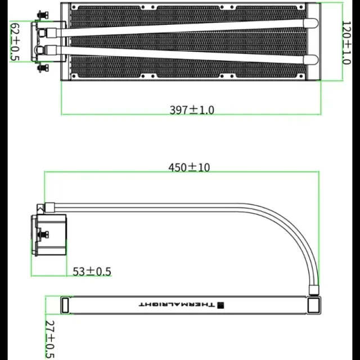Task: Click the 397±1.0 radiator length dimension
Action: coord(192,110)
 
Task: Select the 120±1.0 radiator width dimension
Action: coord(346,43)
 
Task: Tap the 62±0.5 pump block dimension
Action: coord(15,42)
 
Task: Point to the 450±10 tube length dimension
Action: coord(189,168)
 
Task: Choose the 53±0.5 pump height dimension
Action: coord(92,271)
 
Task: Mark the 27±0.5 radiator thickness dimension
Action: coord(50,339)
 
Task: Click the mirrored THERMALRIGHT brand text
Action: coord(177,305)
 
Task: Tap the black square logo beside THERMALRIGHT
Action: coord(220,305)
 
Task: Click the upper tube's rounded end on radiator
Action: coord(310,23)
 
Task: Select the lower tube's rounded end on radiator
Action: coord(310,60)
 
